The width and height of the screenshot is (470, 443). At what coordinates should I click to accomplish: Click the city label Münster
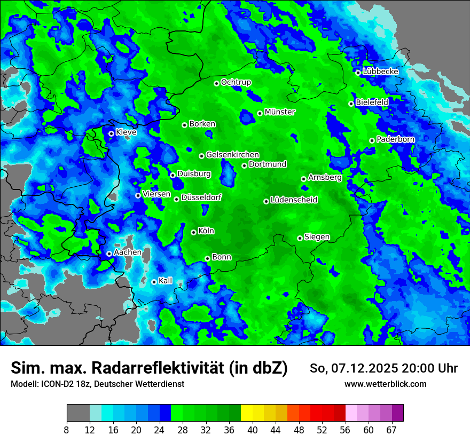280,112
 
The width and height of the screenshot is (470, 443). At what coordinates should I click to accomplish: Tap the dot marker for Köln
193,232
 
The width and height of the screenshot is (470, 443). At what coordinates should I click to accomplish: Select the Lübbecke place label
380,72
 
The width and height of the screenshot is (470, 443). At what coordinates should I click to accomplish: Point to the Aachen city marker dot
109,254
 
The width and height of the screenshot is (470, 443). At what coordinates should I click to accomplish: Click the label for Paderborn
395,139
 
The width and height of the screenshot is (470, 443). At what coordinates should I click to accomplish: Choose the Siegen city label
317,237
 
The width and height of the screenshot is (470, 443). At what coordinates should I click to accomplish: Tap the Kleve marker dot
111,133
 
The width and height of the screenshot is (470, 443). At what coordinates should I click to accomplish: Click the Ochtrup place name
236,82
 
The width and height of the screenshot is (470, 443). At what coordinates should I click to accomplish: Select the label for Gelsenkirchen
232,155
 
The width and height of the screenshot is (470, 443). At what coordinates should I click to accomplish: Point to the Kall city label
166,281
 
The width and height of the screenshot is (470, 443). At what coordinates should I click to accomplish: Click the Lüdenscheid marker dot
266,201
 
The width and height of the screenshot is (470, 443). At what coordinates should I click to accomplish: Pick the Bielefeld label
372,102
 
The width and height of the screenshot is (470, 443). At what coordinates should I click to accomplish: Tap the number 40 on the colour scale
253,430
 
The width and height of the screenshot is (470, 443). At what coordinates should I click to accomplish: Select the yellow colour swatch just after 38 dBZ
247,413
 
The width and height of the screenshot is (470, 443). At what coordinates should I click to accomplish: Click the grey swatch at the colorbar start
78,413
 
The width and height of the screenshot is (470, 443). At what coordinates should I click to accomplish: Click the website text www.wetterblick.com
385,384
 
